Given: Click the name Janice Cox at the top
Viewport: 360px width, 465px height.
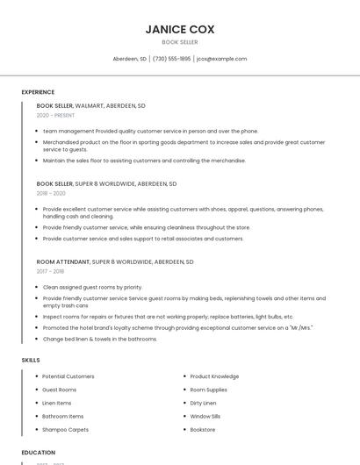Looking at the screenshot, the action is click(179, 29).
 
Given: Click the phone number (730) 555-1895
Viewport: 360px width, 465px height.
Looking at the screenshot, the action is click(171, 59).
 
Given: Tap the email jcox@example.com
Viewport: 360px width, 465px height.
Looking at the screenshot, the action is click(221, 59).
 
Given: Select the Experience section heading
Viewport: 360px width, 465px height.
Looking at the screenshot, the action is click(38, 92).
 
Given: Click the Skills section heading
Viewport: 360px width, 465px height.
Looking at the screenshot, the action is click(31, 360).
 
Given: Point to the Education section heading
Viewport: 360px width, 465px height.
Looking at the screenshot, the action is click(39, 453).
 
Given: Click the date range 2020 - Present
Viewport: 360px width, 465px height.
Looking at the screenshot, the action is click(55, 115).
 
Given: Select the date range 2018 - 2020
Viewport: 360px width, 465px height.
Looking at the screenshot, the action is click(51, 193).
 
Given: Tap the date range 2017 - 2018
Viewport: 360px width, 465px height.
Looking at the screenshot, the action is click(50, 271).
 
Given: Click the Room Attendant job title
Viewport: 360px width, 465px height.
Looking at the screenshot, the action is click(63, 261).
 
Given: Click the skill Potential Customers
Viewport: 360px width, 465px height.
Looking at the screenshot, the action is click(68, 376).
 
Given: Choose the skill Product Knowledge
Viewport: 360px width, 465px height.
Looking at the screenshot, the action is click(214, 376).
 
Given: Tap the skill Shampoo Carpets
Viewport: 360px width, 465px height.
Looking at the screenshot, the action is click(65, 430).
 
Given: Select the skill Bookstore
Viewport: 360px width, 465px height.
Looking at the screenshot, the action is click(203, 430).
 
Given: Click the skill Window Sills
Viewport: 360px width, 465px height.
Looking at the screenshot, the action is click(205, 416).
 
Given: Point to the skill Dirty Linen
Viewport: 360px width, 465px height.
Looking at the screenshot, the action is click(204, 403).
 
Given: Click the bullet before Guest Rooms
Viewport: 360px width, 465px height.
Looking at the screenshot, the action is click(36, 390).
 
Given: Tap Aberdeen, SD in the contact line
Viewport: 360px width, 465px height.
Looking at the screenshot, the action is click(130, 59).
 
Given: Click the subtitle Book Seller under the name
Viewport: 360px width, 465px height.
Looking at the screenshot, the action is click(179, 42).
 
